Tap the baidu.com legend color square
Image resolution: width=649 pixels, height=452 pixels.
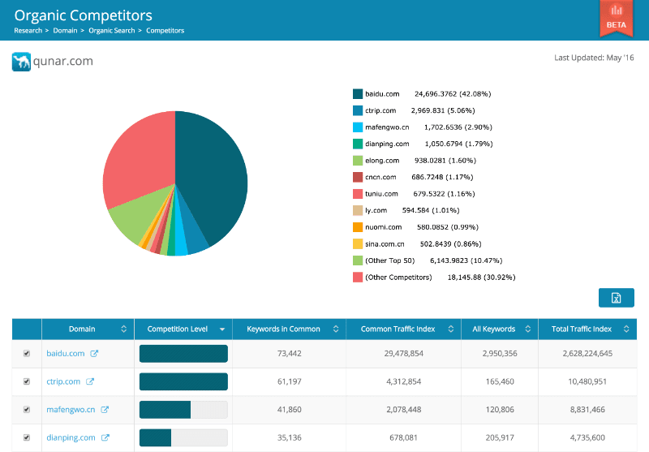[x=357, y=94]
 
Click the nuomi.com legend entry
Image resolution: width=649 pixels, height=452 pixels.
[x=383, y=227]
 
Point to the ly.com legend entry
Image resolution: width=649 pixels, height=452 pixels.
[x=376, y=210]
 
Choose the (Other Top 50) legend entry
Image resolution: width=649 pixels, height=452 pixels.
[x=389, y=260]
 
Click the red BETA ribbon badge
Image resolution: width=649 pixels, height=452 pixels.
[x=616, y=17]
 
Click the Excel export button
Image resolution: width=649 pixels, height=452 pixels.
[x=616, y=298]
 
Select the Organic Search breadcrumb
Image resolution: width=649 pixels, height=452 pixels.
[x=112, y=31]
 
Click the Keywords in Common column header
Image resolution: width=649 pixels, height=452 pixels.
[x=282, y=329]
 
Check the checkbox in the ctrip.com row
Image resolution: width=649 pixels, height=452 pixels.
[x=27, y=381]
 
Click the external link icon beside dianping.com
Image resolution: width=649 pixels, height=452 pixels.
[x=105, y=437]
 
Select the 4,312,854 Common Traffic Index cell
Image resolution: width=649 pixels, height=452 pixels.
[x=403, y=381]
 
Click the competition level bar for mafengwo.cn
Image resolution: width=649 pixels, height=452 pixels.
[x=183, y=410]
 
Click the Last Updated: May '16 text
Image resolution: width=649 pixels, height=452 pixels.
[x=594, y=58]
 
